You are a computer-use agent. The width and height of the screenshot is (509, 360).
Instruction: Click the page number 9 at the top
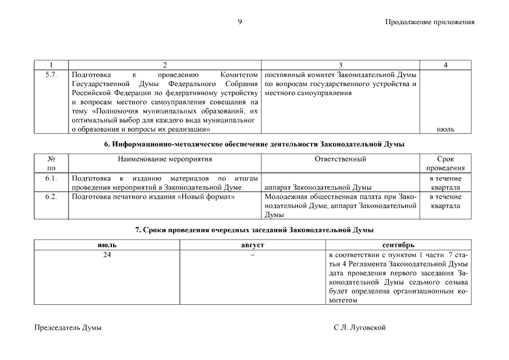pos(240,22)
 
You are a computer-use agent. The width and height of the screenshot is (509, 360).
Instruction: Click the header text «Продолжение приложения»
pos(430,22)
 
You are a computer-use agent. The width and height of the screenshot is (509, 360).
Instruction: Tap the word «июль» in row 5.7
pos(445,129)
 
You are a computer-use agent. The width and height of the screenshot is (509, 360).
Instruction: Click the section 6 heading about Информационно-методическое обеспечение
pos(254,145)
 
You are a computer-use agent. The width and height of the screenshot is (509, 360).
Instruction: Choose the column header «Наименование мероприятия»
pos(165,159)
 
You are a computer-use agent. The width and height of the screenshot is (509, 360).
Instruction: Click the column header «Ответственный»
pos(341,159)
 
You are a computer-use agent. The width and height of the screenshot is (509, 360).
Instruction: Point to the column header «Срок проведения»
pos(445,164)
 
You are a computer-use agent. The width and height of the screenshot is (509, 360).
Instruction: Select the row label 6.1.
pos(51,178)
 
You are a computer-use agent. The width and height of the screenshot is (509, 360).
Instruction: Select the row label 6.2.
pos(51,197)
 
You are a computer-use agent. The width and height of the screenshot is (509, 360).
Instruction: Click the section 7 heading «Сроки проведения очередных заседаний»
pos(254,230)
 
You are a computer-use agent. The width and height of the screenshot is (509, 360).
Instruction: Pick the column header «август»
pos(253,245)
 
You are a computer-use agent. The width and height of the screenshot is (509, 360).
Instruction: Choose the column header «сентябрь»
pos(398,245)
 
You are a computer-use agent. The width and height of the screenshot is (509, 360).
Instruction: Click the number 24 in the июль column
pos(107,255)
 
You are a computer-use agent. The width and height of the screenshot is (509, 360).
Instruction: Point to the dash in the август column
pos(253,255)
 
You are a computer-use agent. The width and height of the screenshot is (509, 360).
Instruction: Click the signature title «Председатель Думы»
pos(68,327)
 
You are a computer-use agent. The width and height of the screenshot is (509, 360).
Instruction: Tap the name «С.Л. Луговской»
pos(359,327)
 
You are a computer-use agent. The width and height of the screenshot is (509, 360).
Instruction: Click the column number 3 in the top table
pos(341,65)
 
